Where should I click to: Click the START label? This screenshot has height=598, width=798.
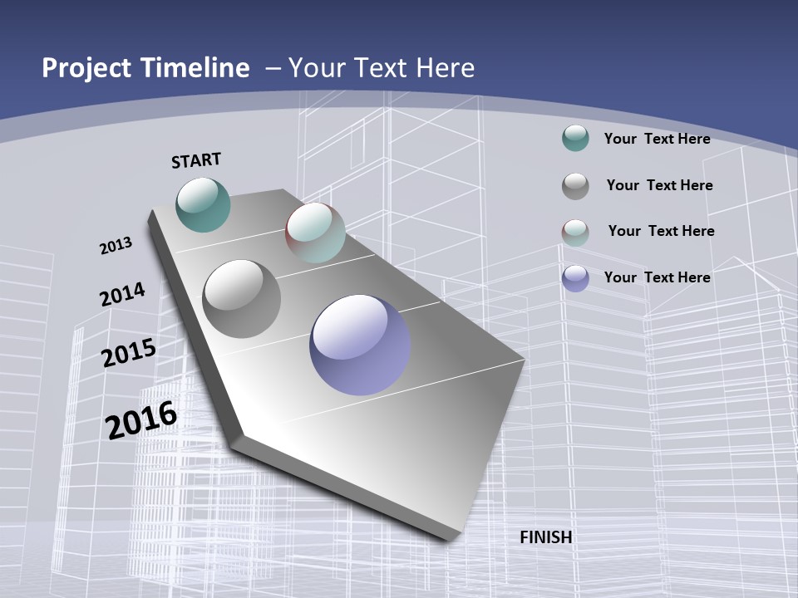(x=196, y=160)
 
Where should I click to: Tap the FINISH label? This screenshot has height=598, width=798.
(x=546, y=537)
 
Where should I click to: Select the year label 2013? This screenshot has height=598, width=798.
(x=116, y=246)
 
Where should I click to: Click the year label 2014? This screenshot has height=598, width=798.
(x=122, y=294)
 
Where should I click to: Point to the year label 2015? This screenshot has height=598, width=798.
(x=128, y=353)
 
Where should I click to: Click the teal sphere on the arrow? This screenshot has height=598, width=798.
(x=204, y=204)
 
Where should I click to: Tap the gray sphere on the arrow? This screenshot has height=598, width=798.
(x=242, y=299)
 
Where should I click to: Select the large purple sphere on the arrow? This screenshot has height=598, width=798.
(x=360, y=345)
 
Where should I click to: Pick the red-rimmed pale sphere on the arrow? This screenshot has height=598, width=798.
(x=315, y=233)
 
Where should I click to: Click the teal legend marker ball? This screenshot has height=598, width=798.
(x=575, y=139)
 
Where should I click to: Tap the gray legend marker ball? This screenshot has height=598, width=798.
(x=575, y=186)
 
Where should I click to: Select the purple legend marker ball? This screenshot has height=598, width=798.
(x=575, y=278)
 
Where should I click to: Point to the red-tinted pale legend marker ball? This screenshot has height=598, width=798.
(x=575, y=233)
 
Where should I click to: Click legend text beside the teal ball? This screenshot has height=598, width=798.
(x=657, y=139)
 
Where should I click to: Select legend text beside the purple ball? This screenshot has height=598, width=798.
(x=657, y=277)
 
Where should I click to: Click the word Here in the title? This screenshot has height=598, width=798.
(x=446, y=68)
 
